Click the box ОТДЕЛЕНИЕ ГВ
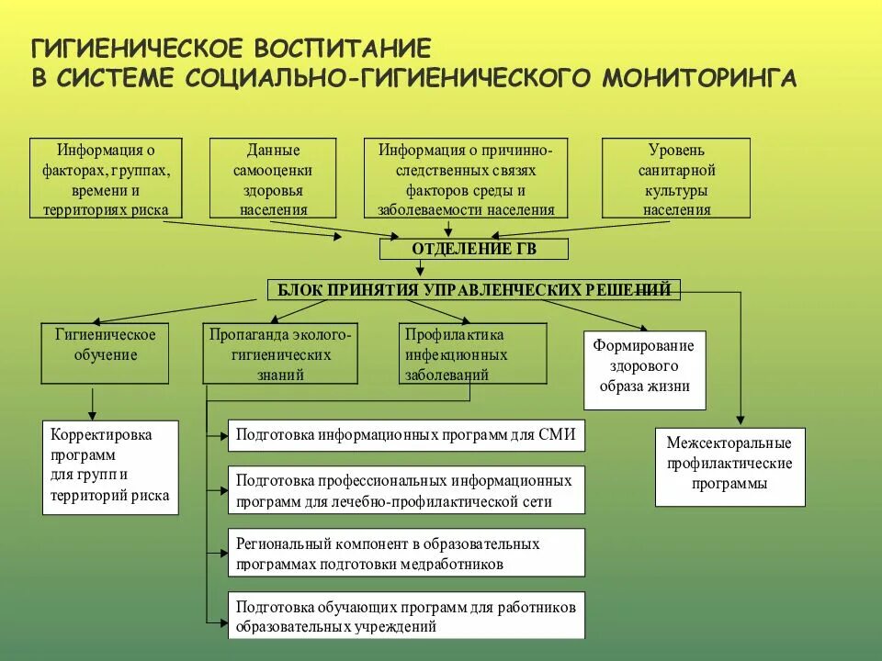coord(474,249)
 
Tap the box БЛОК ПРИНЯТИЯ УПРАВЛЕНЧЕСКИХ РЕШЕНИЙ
coord(474,290)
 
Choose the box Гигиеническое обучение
coord(106,353)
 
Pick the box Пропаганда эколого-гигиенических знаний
coord(280,353)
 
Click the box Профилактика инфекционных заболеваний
coord(472,353)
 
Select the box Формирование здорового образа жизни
coord(644,369)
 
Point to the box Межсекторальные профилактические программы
coord(729,466)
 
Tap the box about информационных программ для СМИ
coord(405,435)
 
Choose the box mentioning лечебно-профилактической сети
coord(405,490)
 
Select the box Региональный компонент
coord(405,553)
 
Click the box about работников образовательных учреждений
coord(405,615)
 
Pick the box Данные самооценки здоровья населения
coord(273,178)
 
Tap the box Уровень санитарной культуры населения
coord(676,178)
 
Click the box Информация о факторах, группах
coord(106,178)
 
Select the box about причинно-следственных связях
coord(466,178)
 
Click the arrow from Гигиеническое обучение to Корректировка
coord(92,401)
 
